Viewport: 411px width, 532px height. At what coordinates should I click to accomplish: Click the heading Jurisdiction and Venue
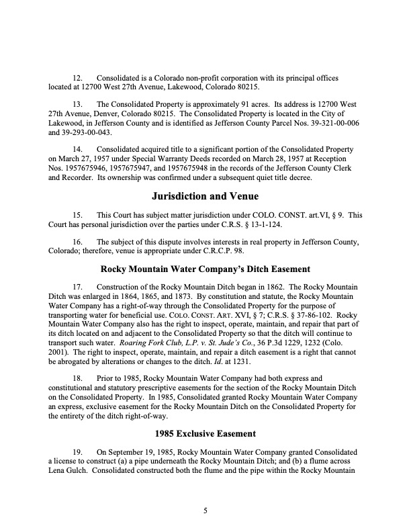point(205,197)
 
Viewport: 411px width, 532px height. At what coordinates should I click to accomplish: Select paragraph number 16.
point(77,240)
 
